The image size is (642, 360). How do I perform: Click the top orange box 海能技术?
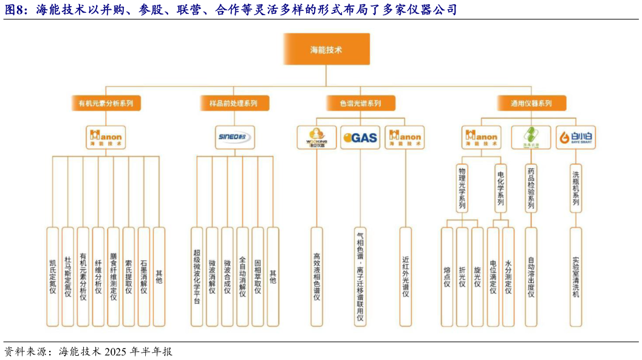(326, 49)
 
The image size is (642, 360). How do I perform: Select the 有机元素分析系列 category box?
(106, 103)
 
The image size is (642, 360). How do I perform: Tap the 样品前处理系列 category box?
(229, 103)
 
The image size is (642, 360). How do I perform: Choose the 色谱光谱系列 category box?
(360, 103)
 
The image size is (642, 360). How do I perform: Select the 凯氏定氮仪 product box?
(53, 277)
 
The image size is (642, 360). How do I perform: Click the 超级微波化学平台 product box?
(197, 277)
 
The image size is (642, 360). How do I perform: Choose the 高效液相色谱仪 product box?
(316, 277)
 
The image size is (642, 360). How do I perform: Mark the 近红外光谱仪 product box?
(405, 277)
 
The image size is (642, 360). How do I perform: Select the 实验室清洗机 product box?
(576, 277)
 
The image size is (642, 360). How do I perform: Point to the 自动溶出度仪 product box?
(531, 277)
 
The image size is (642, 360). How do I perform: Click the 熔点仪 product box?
(447, 277)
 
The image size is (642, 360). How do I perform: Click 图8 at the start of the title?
(14, 10)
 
